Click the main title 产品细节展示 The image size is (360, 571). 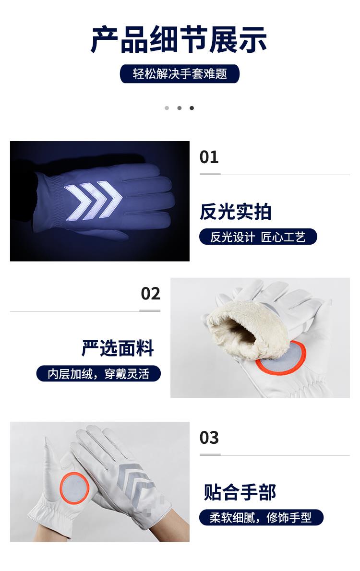179,39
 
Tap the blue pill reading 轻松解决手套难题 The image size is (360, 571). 180,74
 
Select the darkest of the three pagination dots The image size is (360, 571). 192,108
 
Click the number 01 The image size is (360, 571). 209,157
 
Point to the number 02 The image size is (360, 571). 151,294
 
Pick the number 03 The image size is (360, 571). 209,437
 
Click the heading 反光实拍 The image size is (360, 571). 235,212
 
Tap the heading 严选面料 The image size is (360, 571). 118,348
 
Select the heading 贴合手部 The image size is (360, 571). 240,492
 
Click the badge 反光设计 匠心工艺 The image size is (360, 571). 258,237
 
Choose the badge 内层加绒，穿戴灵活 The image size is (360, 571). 98,374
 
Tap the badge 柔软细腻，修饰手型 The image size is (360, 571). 261,517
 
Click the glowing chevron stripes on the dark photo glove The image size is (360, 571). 93,201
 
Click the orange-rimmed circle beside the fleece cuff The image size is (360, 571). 281,357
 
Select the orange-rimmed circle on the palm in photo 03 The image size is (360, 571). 74,488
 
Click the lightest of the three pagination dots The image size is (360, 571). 167,108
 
